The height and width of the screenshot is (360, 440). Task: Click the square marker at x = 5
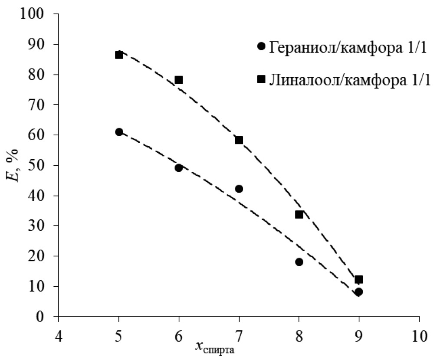(119, 55)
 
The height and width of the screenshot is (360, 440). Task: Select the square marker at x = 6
(178, 80)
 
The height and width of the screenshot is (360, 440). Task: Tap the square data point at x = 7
(239, 140)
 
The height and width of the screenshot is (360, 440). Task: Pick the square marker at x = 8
(299, 214)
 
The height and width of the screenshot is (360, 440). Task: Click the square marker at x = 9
(358, 279)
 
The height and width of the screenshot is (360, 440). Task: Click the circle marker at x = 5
(119, 132)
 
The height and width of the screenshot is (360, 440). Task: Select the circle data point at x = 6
(178, 168)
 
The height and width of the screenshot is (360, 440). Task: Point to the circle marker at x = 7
(239, 189)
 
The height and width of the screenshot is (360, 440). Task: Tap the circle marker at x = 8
(299, 262)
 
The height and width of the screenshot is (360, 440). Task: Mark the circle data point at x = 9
(358, 292)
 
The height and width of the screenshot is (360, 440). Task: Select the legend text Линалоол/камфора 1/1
(350, 80)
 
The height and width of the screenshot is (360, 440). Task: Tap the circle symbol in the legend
(261, 46)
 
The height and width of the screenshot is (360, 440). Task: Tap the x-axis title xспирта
(215, 347)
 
